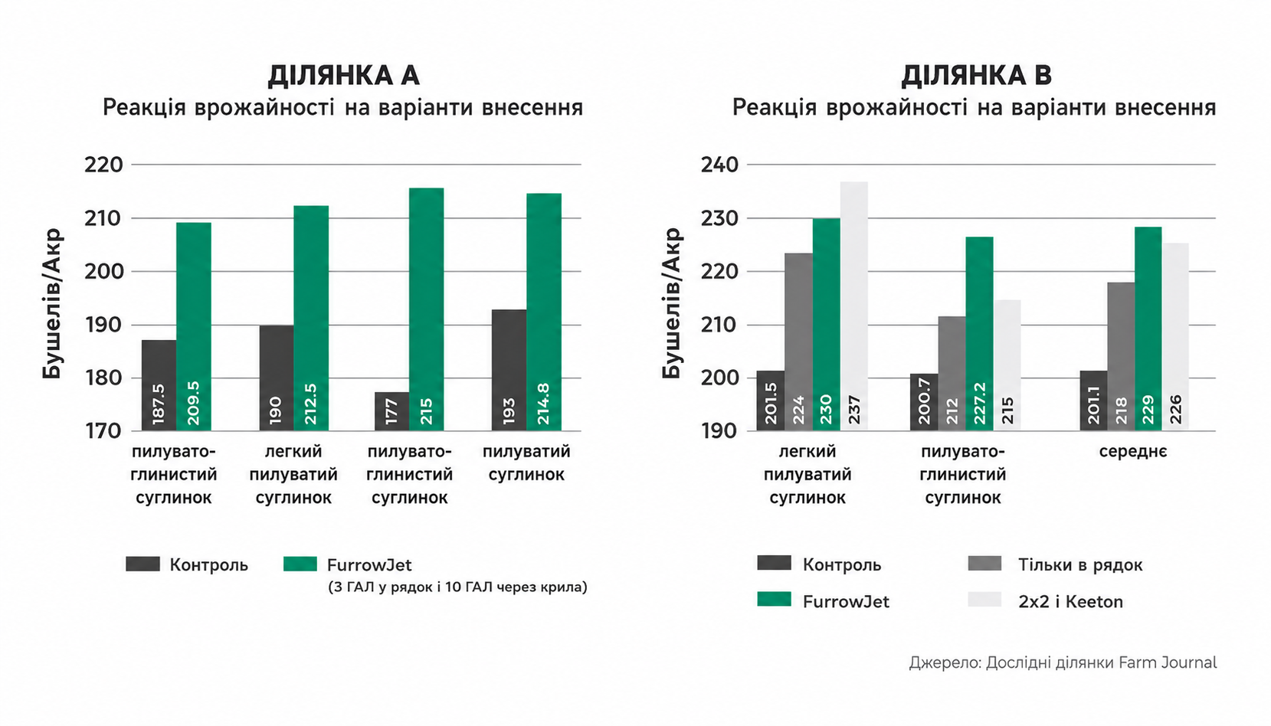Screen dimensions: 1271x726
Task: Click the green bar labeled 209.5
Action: pos(194,326)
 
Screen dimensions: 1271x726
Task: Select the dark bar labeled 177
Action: pos(391,411)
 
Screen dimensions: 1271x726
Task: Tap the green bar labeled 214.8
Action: pos(544,312)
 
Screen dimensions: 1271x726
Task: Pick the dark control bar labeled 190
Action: pos(277,378)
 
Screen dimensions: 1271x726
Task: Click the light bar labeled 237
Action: pos(854,306)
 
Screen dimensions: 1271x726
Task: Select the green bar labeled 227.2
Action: pos(979,333)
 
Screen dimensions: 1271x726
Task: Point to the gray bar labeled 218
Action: pos(1121,356)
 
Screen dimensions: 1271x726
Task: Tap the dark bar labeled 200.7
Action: pos(924,402)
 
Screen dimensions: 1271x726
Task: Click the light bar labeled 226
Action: pos(1176,337)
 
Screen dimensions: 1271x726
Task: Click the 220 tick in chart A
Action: pos(104,165)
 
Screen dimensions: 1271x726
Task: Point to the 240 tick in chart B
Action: pos(719,165)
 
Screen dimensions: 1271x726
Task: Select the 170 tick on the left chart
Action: pos(104,431)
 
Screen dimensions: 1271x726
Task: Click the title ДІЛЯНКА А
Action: pos(343,76)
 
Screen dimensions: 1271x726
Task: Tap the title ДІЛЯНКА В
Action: pos(977,76)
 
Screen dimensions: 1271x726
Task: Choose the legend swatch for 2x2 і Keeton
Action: pos(984,600)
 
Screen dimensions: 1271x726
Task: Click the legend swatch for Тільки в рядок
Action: pos(984,563)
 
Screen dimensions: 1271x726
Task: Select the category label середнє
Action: pos(1133,452)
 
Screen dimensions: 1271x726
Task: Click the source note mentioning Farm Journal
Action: pos(1063,662)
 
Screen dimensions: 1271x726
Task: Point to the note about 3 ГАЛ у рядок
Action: pos(457,587)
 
